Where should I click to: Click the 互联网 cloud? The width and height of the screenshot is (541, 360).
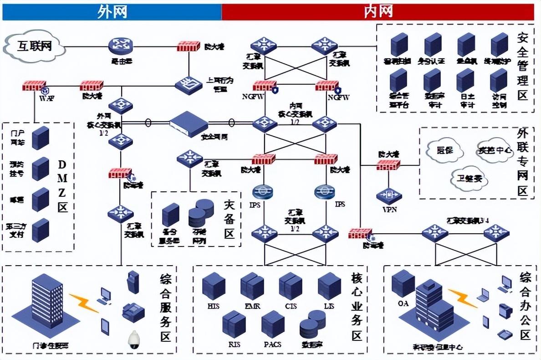pos(34,46)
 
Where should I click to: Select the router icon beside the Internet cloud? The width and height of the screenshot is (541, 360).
pos(120,46)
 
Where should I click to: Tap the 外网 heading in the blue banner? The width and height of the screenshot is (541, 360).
pos(112,11)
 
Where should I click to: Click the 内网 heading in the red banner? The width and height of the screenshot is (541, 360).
pos(378,11)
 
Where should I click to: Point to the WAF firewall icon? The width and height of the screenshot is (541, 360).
pos(34,85)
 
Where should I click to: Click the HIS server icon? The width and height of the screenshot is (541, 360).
pos(214,286)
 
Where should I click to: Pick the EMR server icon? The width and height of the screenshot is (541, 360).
pos(252,286)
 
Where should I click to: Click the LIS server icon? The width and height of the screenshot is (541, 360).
pos(329,286)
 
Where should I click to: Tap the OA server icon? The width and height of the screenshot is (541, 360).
pos(403,283)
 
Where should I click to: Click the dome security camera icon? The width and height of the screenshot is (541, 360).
pos(134,339)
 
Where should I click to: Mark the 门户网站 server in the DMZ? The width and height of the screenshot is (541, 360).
pos(41,138)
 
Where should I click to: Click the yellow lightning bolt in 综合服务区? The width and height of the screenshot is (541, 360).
pos(84,303)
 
